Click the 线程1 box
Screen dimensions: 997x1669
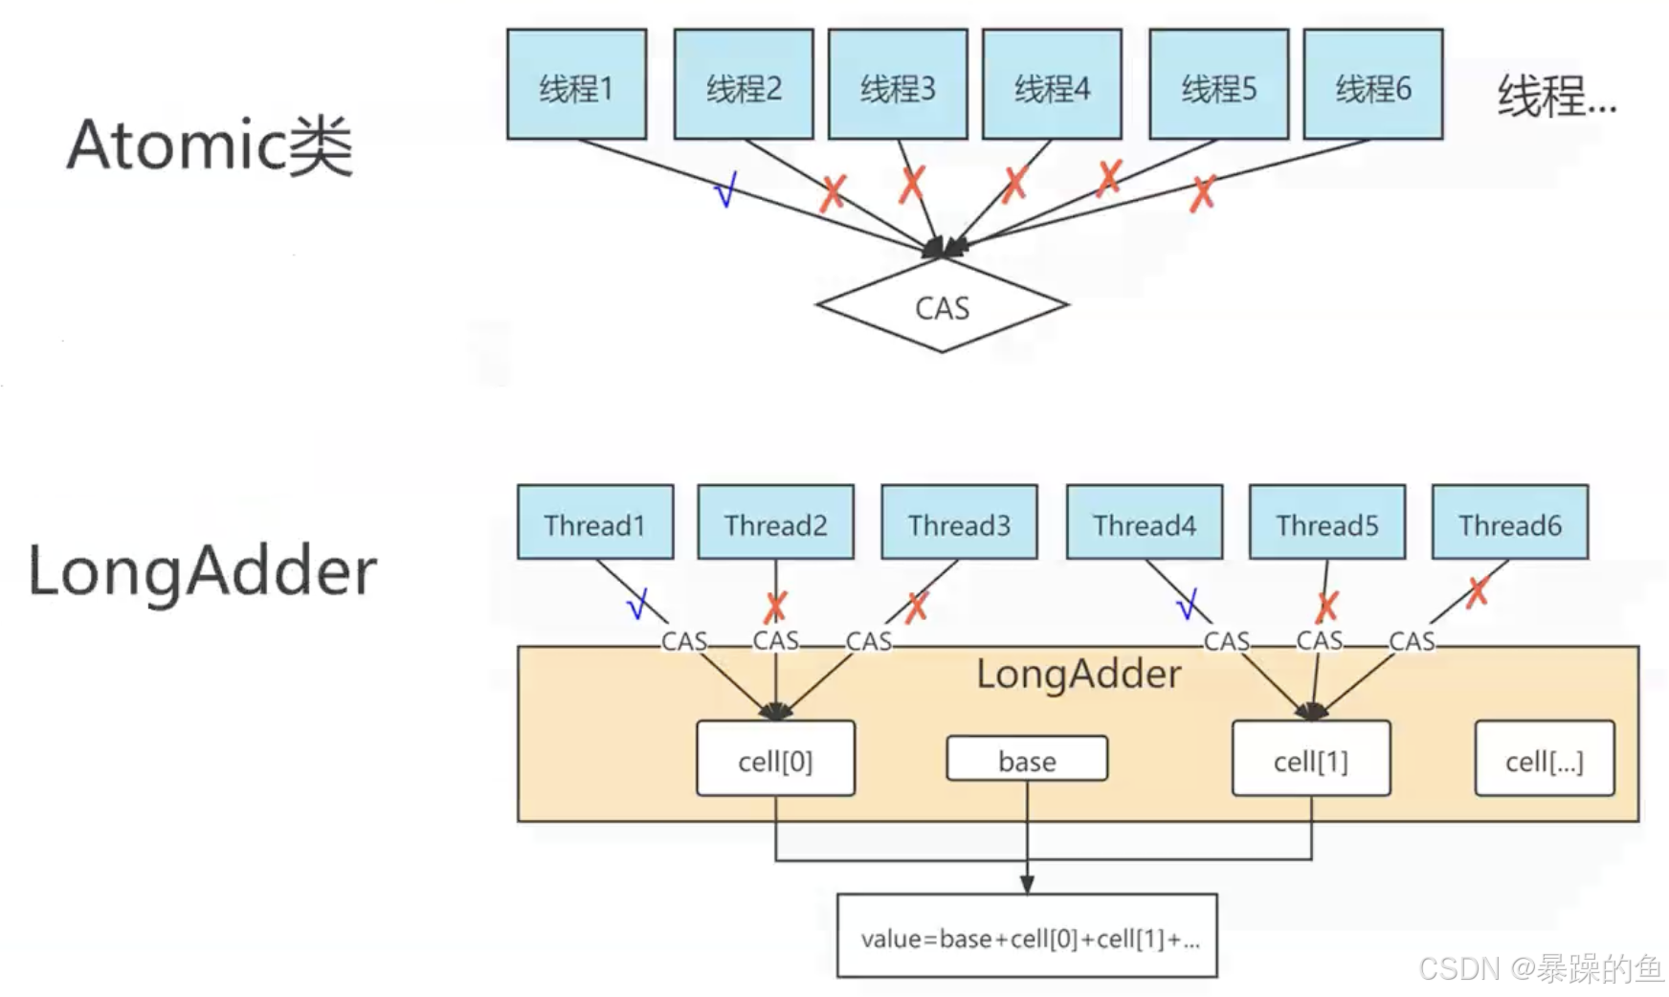[576, 85]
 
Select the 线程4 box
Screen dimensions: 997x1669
[1052, 85]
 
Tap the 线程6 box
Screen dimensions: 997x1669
[1372, 85]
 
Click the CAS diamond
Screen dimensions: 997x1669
[942, 307]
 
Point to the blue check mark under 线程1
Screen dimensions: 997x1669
[726, 189]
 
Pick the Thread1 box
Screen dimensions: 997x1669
[594, 522]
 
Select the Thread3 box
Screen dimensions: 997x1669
[959, 522]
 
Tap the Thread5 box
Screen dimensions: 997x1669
[1326, 522]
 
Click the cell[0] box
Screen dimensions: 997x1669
[775, 759]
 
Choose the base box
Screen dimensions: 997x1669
[1027, 760]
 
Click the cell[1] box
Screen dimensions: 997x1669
[1310, 759]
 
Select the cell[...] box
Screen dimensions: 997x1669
[1544, 759]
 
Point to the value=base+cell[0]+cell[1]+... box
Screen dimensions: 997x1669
[1027, 936]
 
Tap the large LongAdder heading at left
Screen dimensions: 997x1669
[203, 571]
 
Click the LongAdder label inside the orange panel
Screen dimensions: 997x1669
[1079, 675]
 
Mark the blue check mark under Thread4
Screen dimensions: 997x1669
[1187, 605]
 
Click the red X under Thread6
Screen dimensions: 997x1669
[1478, 592]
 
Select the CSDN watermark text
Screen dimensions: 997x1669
[1541, 968]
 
